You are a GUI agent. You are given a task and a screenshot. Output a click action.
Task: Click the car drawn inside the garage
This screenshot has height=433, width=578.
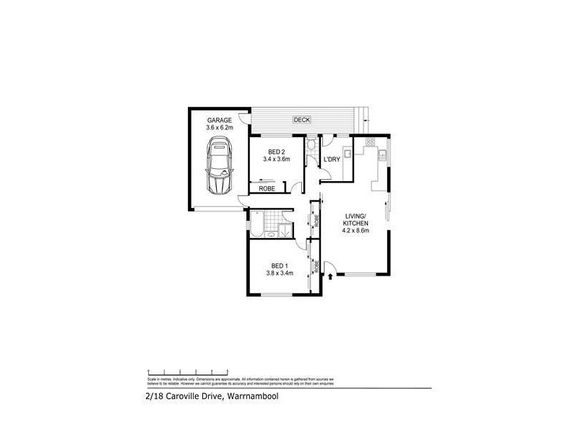(218, 167)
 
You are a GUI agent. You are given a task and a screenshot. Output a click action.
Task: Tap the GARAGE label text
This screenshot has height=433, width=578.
(219, 120)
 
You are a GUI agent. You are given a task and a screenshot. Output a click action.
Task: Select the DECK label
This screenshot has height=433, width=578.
(301, 120)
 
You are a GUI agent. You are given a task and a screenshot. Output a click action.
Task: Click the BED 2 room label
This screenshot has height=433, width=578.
(276, 152)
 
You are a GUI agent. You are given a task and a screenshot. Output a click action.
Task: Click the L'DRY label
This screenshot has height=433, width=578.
(331, 159)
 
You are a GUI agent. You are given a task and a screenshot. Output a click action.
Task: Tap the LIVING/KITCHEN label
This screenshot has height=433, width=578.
(355, 220)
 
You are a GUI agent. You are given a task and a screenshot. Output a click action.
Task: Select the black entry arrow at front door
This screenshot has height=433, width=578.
(331, 275)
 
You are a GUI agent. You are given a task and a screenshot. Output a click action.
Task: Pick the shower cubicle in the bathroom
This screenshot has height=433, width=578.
(285, 230)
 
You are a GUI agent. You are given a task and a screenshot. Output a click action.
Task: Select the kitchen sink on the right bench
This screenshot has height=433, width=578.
(383, 154)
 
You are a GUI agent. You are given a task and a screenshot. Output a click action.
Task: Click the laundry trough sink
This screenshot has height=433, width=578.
(347, 152)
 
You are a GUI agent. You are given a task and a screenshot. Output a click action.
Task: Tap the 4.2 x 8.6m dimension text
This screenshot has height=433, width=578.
(355, 232)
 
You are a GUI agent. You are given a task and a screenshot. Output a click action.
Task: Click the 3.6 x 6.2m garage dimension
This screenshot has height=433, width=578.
(219, 128)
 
